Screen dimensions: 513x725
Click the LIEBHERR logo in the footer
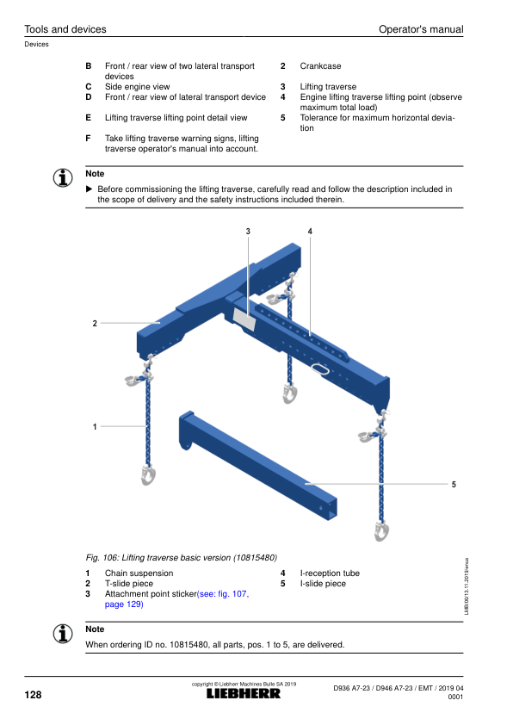243,693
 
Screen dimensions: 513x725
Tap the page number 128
33,695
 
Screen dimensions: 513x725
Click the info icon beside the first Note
63,178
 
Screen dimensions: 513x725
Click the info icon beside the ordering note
63,634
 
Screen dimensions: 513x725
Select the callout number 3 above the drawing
248,231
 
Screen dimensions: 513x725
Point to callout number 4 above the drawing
310,231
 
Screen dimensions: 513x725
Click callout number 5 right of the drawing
454,484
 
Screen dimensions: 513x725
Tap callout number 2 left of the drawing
95,323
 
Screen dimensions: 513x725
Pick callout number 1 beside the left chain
95,426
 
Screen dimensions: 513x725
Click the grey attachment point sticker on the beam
244,319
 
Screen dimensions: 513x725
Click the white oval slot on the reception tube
319,368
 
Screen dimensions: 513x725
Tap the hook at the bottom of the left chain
148,475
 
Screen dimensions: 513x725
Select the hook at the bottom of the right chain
381,530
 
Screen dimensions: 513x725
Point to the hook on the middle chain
290,394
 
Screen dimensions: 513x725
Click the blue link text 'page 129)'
124,604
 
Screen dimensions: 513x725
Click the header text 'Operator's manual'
421,29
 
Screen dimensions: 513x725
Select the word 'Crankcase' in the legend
320,66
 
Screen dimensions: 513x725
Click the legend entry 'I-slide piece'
323,584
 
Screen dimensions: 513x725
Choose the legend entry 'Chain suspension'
139,573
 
